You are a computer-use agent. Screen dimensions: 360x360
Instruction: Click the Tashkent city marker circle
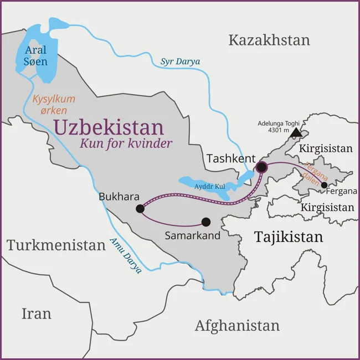coord(261,167)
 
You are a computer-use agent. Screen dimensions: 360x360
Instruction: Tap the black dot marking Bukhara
coord(140,209)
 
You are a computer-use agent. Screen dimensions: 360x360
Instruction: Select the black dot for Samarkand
coord(206,222)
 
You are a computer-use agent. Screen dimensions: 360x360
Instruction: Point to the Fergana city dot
coord(325,185)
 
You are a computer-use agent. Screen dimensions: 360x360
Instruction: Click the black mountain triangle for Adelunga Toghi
coord(296,132)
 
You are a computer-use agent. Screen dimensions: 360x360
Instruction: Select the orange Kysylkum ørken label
coord(54,104)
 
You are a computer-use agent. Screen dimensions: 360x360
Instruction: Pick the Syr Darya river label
coord(180,61)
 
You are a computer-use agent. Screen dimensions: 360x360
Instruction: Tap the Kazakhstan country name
coord(269,40)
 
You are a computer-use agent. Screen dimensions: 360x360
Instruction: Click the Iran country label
coord(37,313)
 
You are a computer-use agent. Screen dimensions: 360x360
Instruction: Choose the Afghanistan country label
coord(237,326)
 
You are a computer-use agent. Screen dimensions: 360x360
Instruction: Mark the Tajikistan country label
coord(288,237)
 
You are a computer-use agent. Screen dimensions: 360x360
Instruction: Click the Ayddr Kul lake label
coord(209,186)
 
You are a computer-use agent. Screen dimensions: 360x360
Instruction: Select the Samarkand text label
coord(193,235)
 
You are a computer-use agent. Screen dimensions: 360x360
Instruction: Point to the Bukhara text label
coord(119,196)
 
